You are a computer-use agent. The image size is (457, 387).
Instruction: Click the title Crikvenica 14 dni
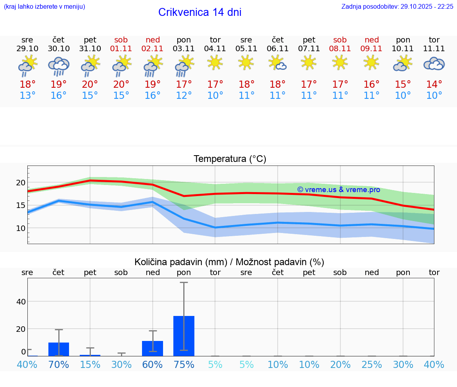pos(200,12)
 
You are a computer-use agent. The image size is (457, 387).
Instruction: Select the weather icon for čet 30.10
pos(59,66)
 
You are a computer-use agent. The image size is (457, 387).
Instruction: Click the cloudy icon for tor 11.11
pos(434,64)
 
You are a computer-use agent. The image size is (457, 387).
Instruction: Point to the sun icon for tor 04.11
pos(215,62)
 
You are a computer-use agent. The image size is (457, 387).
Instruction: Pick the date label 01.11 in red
pos(121,49)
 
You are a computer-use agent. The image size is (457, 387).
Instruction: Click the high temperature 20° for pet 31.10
pos(90,85)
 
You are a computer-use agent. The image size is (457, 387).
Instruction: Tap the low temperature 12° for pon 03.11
pos(184,96)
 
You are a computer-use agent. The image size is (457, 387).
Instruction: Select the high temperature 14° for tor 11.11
pos(434,85)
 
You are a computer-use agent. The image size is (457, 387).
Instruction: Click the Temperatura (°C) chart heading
pos(230,159)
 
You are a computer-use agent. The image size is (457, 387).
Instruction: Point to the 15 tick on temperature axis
pos(20,205)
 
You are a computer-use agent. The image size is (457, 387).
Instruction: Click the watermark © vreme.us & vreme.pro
pos(338,190)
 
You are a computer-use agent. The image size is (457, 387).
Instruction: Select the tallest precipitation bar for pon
pos(184,336)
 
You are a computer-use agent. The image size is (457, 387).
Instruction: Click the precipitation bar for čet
pos(59,349)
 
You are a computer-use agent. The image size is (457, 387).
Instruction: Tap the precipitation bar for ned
pos(152,348)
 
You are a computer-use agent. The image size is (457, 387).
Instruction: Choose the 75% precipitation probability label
pos(184,364)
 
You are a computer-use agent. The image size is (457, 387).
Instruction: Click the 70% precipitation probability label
pos(59,364)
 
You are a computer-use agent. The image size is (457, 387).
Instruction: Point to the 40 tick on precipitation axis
pos(21,302)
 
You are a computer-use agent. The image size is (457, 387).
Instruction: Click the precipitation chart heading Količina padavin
pos(229,262)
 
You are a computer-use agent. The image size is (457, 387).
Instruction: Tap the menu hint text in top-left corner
pos(44,6)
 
